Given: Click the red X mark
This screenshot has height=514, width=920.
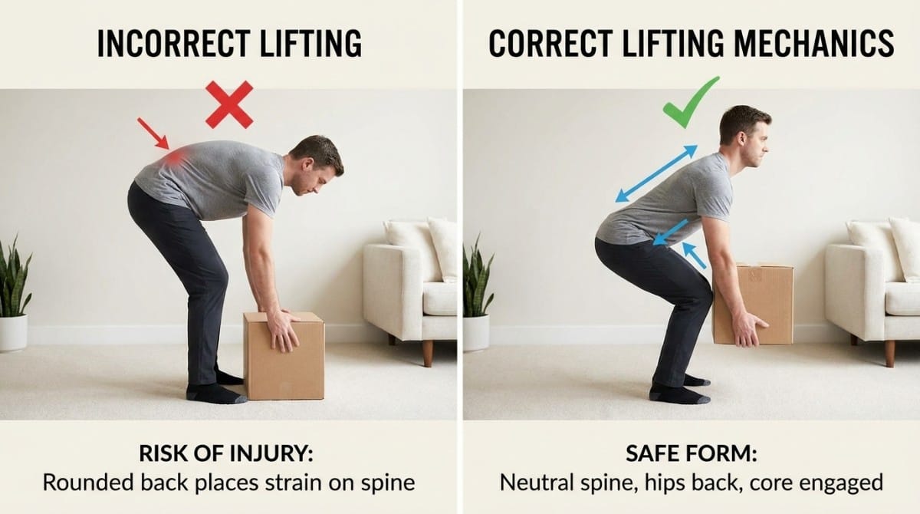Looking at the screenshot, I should [x=228, y=104].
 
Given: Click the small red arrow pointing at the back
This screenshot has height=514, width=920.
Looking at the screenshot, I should [x=153, y=133].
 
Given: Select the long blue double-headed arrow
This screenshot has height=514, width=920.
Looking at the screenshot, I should [x=656, y=174].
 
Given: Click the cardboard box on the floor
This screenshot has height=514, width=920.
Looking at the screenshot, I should [x=284, y=357].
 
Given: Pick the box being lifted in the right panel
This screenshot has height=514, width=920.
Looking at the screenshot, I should [x=754, y=303].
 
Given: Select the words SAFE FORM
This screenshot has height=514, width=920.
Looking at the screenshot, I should [x=691, y=453].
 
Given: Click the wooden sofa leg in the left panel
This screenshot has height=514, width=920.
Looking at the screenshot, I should [x=427, y=351].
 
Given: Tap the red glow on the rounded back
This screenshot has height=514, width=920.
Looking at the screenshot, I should [x=176, y=157].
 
